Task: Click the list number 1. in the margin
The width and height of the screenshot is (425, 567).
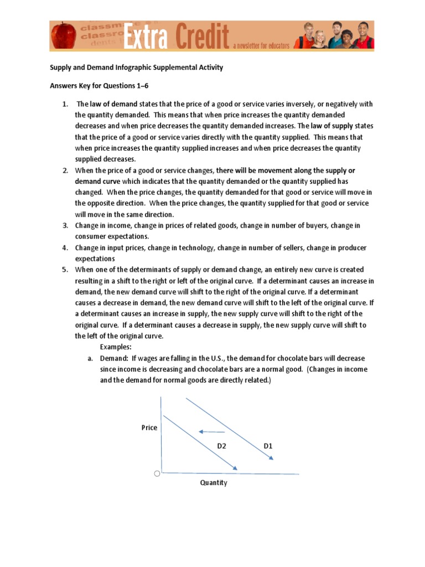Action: (x=65, y=104)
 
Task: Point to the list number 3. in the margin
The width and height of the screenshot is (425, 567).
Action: (x=65, y=225)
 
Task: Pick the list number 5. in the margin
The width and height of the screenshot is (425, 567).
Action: (x=65, y=270)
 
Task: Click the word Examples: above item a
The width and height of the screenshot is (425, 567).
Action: (x=116, y=347)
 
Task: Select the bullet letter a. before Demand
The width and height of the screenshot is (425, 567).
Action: (x=90, y=358)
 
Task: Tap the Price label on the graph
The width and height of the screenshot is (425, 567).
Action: (x=149, y=427)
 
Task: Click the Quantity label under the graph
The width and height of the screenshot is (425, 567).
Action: (x=214, y=483)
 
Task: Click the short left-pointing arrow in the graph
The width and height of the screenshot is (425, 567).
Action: (x=212, y=432)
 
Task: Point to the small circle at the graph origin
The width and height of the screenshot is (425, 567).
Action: (x=157, y=473)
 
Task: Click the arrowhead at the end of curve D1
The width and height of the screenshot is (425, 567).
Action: (x=271, y=458)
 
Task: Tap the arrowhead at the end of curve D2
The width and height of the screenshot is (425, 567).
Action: (x=235, y=469)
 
